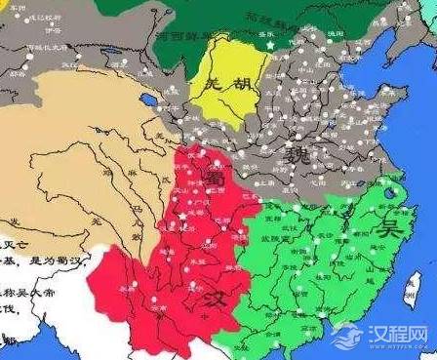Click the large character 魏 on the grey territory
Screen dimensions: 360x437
click(x=296, y=154)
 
